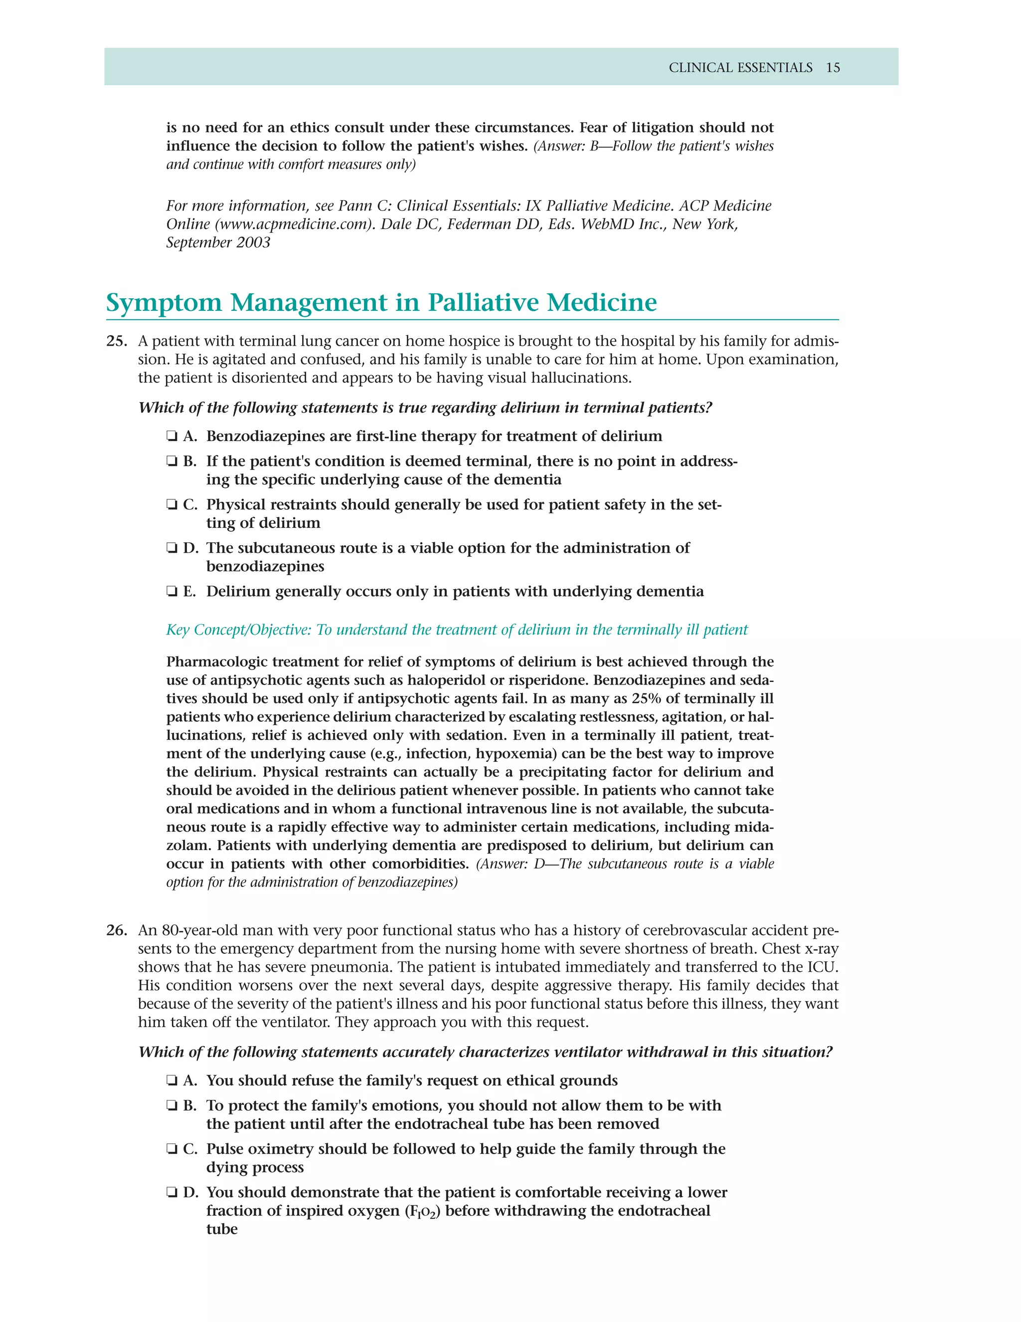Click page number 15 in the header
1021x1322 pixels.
tap(833, 68)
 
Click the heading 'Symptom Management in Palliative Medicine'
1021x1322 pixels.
tap(381, 303)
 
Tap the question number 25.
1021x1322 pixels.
tap(116, 341)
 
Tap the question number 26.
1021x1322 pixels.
tap(116, 930)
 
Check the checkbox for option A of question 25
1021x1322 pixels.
tap(172, 437)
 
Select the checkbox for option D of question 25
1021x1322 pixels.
tap(172, 548)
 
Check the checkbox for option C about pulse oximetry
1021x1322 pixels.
tap(172, 1149)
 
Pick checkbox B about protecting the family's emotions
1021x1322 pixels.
tap(172, 1106)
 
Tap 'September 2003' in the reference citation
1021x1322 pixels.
tap(218, 243)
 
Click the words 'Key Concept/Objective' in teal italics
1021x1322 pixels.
tap(238, 630)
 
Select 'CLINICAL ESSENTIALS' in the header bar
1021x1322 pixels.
tap(740, 68)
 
